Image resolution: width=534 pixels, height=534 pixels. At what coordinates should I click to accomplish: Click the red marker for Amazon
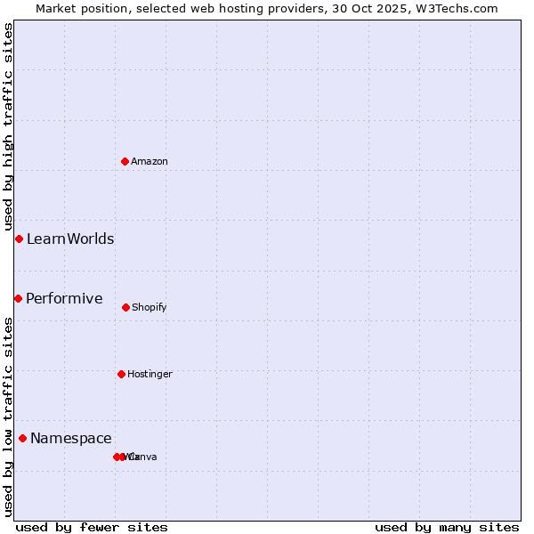(125, 161)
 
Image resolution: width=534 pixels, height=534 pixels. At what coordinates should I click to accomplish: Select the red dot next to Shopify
(125, 307)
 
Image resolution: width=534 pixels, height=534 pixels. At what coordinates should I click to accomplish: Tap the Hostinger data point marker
(121, 374)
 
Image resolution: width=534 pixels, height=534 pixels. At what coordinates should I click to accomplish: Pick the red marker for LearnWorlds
(19, 239)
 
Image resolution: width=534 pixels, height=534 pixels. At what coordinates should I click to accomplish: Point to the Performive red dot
(18, 298)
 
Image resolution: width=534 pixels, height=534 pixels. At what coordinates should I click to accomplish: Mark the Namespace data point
(22, 438)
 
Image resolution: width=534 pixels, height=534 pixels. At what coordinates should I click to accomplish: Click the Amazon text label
(150, 161)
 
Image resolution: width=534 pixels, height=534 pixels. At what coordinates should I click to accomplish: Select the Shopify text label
(150, 307)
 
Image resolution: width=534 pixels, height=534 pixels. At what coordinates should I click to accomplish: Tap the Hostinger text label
(150, 374)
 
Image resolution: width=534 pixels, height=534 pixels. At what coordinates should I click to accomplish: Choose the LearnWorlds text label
(70, 239)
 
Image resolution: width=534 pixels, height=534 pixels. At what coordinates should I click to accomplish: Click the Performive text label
(64, 298)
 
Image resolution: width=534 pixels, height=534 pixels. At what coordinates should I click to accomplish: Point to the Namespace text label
(71, 438)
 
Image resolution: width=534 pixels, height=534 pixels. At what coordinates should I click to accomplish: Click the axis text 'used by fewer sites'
(92, 527)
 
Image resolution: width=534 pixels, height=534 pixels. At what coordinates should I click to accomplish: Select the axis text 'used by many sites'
(447, 527)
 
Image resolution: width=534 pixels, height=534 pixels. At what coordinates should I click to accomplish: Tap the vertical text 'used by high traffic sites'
(8, 126)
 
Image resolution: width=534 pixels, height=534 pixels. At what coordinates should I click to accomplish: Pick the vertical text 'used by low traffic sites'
(8, 416)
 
